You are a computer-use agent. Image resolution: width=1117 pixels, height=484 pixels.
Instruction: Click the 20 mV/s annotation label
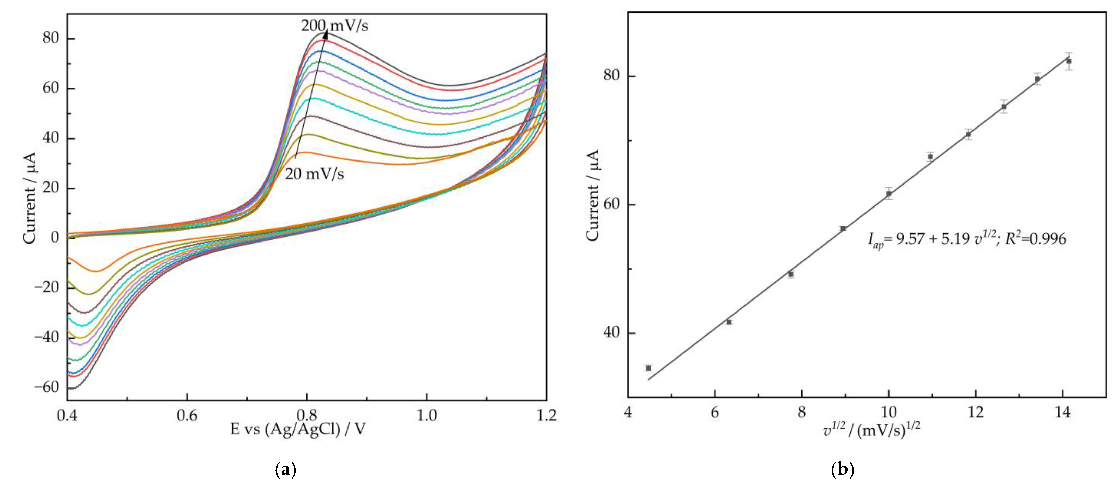314,174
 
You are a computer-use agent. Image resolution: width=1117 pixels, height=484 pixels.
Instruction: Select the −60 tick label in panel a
47,387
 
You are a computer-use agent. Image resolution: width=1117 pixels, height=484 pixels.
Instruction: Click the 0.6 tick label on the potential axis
187,416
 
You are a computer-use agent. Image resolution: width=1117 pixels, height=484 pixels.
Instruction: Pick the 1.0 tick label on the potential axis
427,416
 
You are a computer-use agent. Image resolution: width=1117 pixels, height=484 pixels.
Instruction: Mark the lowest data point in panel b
648,368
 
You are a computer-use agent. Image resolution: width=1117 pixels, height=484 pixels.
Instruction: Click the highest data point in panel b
1069,61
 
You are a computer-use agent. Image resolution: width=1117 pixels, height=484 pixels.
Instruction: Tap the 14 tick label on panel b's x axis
1063,412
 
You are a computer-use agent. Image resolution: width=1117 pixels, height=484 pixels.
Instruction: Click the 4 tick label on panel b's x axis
628,412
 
